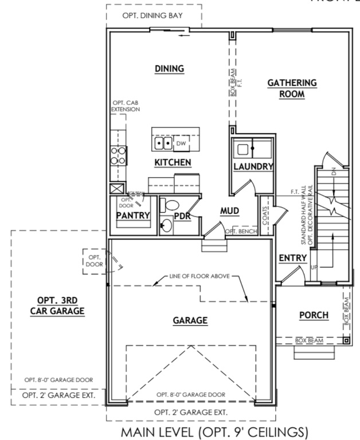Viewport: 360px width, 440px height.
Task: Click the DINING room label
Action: (x=169, y=69)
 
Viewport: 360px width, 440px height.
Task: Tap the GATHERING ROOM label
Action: (x=292, y=89)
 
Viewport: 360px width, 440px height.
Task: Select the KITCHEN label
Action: (x=173, y=163)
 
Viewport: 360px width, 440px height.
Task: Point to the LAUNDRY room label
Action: (x=253, y=167)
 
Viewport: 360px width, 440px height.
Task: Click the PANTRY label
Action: (x=132, y=215)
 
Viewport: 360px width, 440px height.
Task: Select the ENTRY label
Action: (x=292, y=259)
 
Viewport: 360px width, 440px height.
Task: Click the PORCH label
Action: (x=314, y=315)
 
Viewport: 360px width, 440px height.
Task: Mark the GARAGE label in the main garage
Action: (x=190, y=321)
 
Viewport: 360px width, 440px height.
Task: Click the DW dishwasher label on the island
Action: (x=181, y=143)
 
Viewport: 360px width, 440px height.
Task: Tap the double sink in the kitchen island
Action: (x=163, y=143)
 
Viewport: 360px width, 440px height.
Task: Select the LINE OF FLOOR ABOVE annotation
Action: (x=199, y=276)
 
